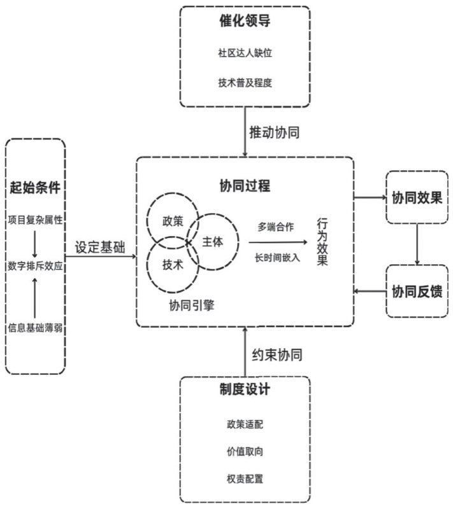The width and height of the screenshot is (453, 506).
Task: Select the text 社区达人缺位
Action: pyautogui.click(x=245, y=52)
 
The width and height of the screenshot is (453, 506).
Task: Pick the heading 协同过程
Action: pyautogui.click(x=245, y=186)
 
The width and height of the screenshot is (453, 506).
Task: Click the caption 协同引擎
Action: pyautogui.click(x=191, y=305)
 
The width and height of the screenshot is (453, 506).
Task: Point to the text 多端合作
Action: pyautogui.click(x=275, y=227)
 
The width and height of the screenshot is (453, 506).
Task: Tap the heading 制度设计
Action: pyautogui.click(x=245, y=390)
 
